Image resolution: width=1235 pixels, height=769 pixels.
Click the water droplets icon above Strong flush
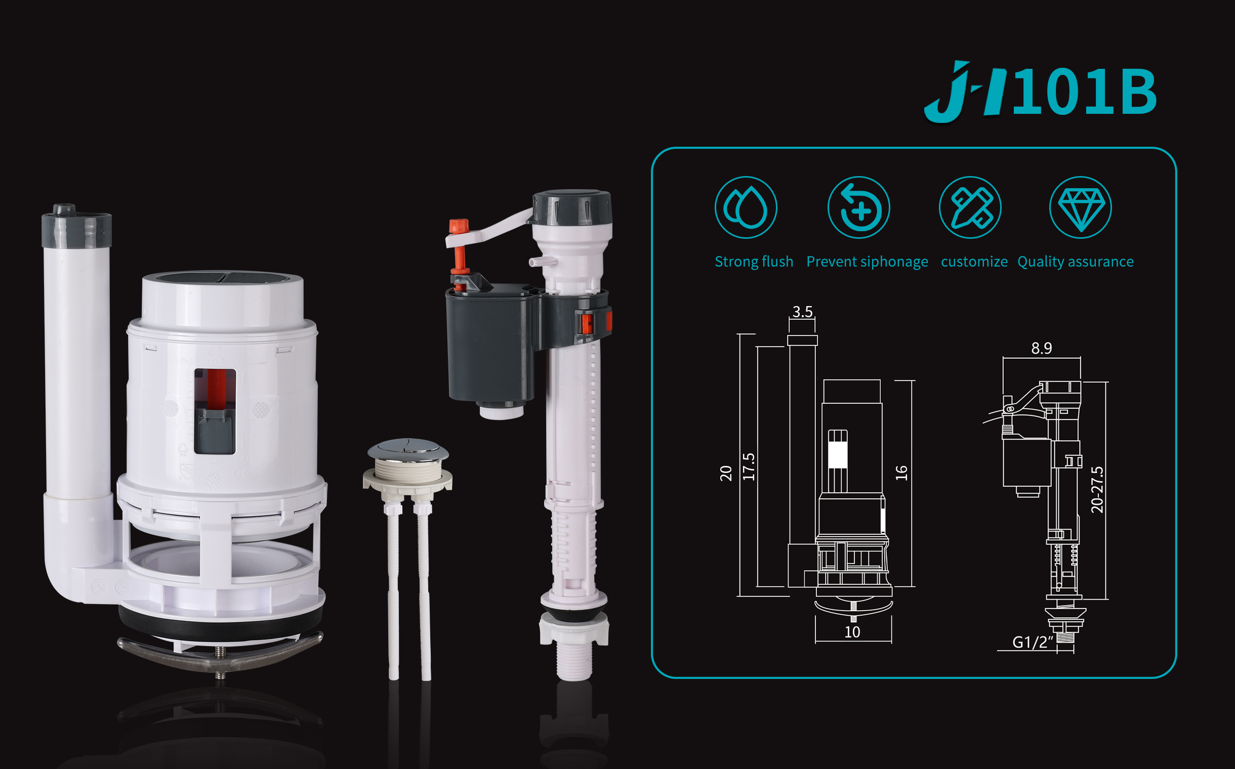click(746, 207)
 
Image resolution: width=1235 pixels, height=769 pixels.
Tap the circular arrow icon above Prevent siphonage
click(858, 207)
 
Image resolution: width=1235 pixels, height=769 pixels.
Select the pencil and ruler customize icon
click(970, 207)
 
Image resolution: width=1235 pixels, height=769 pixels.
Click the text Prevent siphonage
click(867, 262)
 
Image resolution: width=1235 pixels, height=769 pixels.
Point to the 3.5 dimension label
click(802, 312)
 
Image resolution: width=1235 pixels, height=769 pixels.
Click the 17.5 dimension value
click(749, 467)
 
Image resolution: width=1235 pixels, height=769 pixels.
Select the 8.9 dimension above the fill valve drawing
click(1041, 349)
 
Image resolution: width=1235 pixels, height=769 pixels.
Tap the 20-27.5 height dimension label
click(1097, 490)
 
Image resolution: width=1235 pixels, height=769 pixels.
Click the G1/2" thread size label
click(1033, 643)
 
